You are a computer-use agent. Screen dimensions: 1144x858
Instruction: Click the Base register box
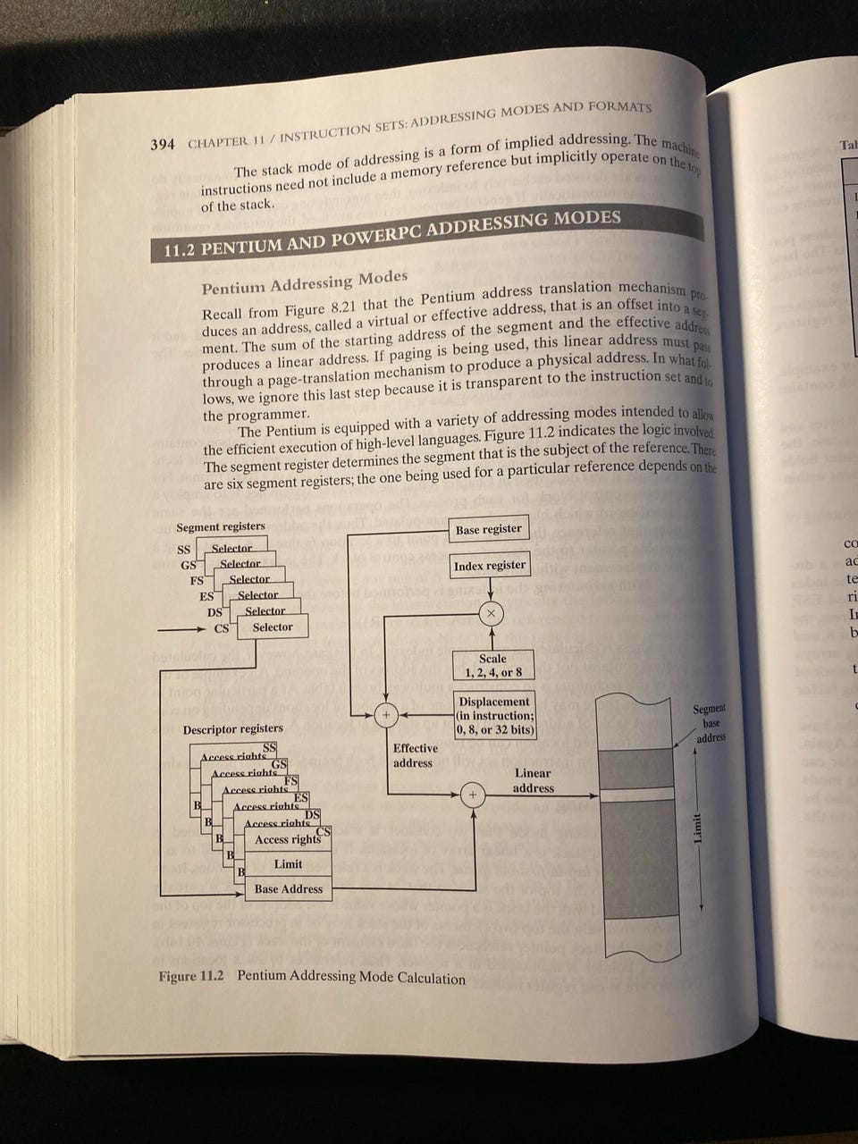coord(488,529)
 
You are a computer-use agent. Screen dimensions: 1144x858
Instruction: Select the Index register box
coord(490,566)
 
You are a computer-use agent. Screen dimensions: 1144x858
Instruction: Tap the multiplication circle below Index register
coord(491,613)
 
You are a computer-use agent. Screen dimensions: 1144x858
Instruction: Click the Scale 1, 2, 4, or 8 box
coord(492,665)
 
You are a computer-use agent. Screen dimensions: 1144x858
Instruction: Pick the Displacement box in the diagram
coord(495,715)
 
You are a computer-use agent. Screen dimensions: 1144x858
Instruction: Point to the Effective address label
coord(416,755)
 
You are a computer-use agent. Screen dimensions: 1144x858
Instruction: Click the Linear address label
coord(533,780)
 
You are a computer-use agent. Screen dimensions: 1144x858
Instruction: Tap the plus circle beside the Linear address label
coord(474,795)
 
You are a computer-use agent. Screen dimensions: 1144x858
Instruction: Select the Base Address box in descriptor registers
coord(288,888)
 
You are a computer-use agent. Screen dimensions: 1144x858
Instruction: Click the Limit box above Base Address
coord(288,863)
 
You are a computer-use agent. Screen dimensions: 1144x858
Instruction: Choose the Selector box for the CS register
coord(273,627)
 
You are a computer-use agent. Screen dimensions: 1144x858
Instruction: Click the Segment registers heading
coord(221,526)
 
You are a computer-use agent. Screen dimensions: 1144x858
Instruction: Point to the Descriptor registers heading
coord(232,728)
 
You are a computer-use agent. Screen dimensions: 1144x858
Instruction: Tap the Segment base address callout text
coord(711,722)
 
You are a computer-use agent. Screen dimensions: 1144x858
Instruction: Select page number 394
coord(163,145)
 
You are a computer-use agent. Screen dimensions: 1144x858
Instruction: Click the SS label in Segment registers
coord(183,550)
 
